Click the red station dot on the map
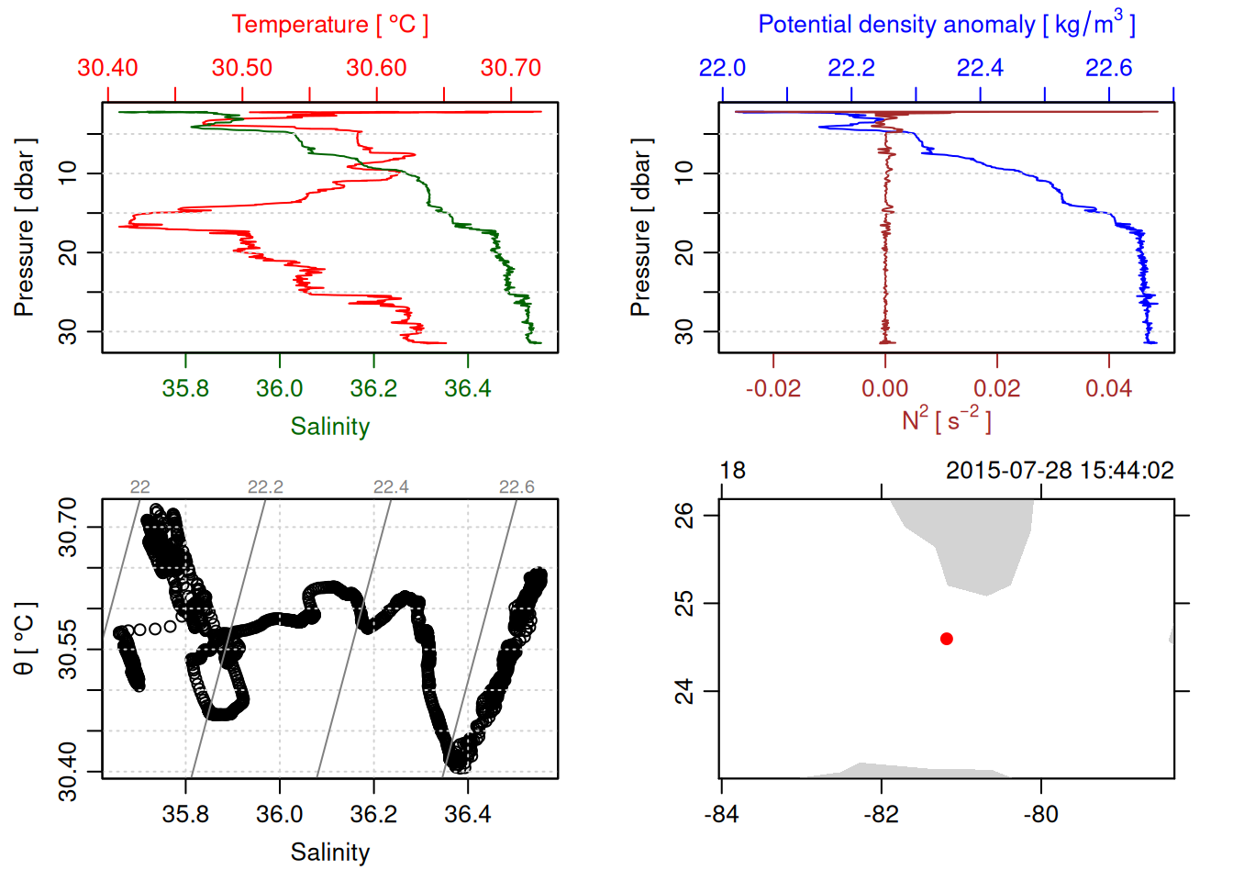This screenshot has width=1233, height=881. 947,639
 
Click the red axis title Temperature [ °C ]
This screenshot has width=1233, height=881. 329,25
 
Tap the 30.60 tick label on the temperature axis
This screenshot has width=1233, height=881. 376,68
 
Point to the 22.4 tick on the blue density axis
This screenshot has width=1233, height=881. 980,68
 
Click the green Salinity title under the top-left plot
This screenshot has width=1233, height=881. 329,427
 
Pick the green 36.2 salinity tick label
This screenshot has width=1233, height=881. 373,389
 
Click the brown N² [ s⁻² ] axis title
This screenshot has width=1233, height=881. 946,420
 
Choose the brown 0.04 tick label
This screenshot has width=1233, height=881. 1108,389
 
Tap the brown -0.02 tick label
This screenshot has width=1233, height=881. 772,389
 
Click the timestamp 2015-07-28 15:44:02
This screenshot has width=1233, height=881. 1060,471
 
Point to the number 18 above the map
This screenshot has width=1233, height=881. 732,471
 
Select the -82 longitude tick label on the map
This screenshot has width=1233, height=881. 882,815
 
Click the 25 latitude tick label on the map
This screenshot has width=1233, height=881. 684,604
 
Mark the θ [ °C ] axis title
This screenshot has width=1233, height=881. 25,639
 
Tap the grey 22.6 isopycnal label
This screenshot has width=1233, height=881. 517,487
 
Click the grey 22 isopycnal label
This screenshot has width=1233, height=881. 139,487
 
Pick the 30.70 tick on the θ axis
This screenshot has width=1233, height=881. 68,527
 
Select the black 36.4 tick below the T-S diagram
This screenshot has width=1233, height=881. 468,815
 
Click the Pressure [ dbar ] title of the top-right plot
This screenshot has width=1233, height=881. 640,228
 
